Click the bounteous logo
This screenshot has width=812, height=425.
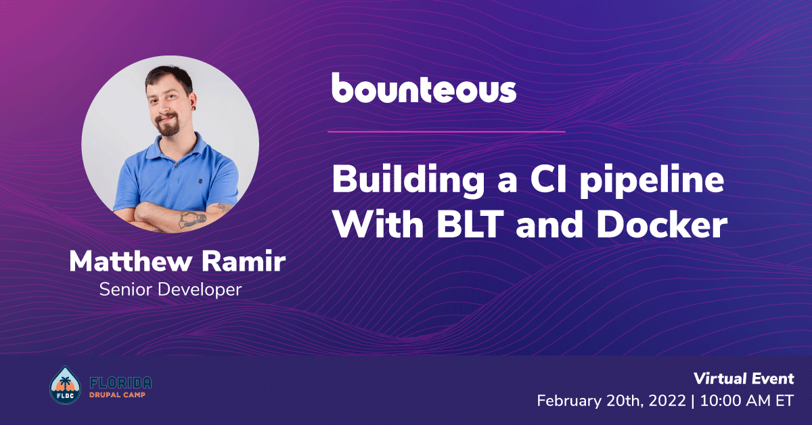click(424, 87)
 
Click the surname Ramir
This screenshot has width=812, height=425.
click(244, 261)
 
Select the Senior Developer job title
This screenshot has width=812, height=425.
click(171, 290)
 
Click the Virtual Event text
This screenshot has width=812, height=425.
click(744, 378)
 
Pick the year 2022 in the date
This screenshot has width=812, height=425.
click(667, 401)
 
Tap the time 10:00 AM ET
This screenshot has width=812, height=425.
click(747, 401)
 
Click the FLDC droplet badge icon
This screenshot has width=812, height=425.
click(66, 385)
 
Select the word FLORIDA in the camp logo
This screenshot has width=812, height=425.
click(120, 382)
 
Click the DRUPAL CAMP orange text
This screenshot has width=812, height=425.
click(118, 395)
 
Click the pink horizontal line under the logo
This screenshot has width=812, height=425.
click(447, 132)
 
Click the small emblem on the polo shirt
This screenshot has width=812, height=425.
click(200, 181)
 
